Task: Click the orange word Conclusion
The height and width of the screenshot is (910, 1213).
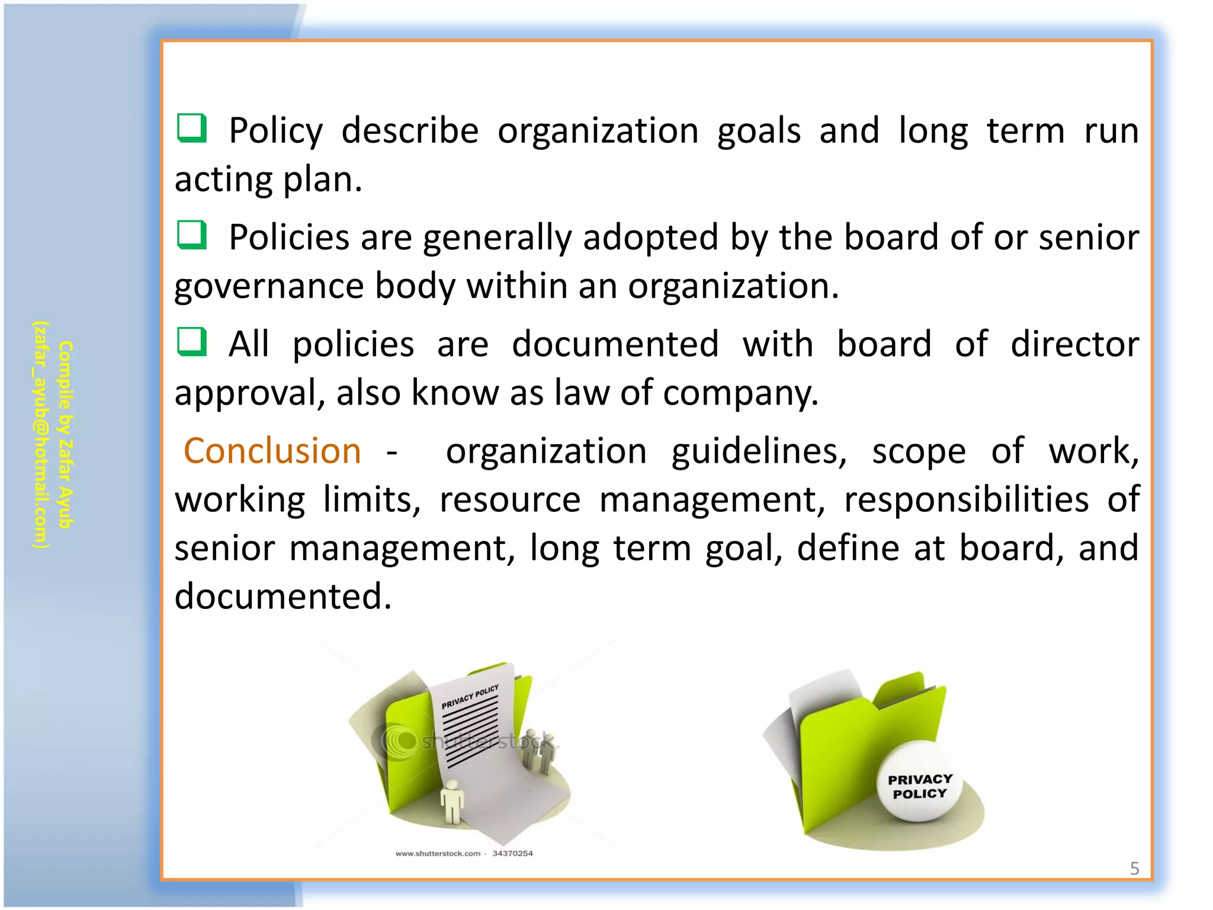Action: pos(272,451)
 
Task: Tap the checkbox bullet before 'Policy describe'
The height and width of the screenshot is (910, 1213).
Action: pos(192,128)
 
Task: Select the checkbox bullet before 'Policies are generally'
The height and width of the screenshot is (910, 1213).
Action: pos(192,235)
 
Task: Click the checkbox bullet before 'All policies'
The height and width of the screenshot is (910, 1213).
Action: pos(192,342)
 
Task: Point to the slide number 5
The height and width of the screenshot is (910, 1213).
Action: pos(1134,869)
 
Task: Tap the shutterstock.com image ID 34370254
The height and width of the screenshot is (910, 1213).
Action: pos(512,854)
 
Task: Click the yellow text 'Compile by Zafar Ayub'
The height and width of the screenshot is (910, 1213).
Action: pos(65,434)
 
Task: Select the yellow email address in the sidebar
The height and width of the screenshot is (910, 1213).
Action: pos(40,434)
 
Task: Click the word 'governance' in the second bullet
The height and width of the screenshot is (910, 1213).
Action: pos(269,287)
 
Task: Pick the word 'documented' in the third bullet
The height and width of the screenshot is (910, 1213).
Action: pos(615,345)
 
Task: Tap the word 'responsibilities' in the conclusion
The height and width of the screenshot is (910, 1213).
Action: pos(966,500)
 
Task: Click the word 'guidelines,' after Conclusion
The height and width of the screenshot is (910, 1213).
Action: pos(759,451)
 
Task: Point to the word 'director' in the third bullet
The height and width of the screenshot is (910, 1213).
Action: pos(1074,345)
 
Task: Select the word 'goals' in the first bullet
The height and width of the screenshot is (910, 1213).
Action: pos(759,132)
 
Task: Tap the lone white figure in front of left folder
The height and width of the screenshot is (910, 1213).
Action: pos(453,801)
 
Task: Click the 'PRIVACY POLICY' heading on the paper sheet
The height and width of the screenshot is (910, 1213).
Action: pos(470,697)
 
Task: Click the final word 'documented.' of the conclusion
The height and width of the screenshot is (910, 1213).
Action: pos(283,597)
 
